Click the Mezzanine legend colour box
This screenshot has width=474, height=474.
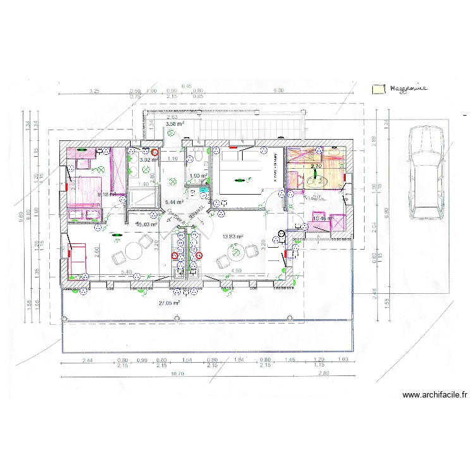click(378, 89)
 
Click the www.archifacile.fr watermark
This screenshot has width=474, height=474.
click(435, 395)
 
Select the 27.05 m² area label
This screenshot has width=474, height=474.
click(169, 303)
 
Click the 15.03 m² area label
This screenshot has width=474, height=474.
click(147, 224)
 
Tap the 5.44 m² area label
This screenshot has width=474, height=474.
click(174, 202)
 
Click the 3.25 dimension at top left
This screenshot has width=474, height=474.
click(94, 91)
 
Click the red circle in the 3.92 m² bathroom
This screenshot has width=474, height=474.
click(154, 152)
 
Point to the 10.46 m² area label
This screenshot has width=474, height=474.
click(322, 219)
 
